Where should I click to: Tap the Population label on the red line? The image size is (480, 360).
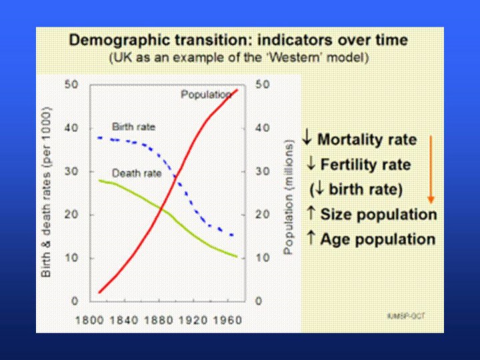point(206,95)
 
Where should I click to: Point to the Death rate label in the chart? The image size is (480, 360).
point(137,173)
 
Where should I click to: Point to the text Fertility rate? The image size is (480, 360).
point(365,165)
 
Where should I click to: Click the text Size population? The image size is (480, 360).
point(378,215)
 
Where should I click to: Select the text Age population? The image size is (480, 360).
point(377,239)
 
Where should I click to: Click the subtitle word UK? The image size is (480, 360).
point(123,57)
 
